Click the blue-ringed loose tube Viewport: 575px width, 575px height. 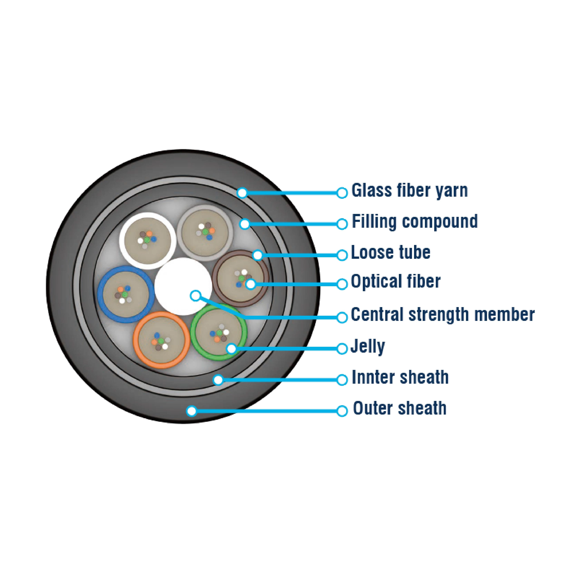pyautogui.click(x=126, y=294)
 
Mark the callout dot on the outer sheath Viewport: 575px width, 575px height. pyautogui.click(x=192, y=411)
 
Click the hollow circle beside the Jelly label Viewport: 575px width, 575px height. pyautogui.click(x=342, y=348)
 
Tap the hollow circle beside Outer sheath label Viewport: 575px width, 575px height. pyautogui.click(x=342, y=411)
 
